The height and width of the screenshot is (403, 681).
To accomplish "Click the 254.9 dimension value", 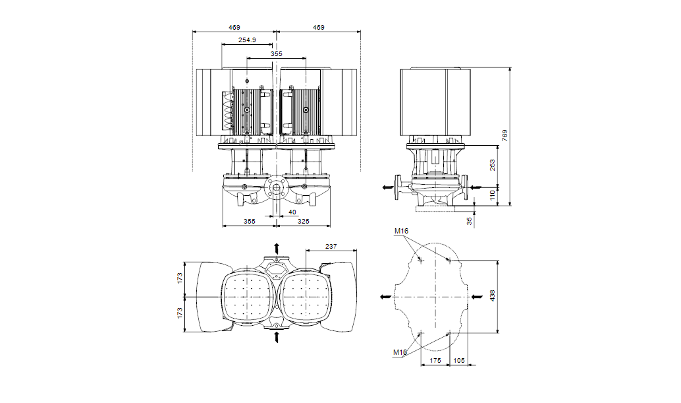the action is [x=247, y=40].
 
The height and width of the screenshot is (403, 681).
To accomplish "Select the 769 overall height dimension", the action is [x=504, y=135].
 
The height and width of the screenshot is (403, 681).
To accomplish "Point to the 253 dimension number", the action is [x=492, y=165].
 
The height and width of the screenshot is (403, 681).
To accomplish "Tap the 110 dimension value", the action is [x=492, y=195].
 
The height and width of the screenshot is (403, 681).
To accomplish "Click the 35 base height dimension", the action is [x=470, y=221].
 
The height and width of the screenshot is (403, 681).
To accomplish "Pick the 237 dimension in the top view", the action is [x=331, y=247].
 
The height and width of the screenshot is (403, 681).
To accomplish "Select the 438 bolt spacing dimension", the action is [x=492, y=296].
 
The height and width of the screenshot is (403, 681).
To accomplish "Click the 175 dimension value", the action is [x=435, y=360].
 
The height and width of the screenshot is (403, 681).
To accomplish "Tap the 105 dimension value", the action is [x=459, y=360].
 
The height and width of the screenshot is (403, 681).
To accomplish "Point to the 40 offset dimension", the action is [x=292, y=212].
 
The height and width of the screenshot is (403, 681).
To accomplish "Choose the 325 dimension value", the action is [x=303, y=221].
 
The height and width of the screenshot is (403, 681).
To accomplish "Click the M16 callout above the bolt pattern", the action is [x=401, y=232].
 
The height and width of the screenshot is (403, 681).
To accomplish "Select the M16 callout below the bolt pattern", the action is [x=400, y=352].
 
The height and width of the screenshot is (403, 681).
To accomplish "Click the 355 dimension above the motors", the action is [x=276, y=54].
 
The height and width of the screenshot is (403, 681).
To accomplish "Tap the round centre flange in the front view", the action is [x=275, y=189].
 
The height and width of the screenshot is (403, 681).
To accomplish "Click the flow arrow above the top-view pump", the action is [x=276, y=249].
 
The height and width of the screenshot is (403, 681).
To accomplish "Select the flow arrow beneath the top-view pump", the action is [x=276, y=337].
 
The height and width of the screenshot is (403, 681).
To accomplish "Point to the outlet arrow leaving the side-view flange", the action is [x=387, y=187].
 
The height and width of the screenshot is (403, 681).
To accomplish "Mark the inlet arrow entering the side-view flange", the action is [x=476, y=187].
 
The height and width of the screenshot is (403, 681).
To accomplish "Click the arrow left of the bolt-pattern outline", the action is [x=385, y=297].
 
